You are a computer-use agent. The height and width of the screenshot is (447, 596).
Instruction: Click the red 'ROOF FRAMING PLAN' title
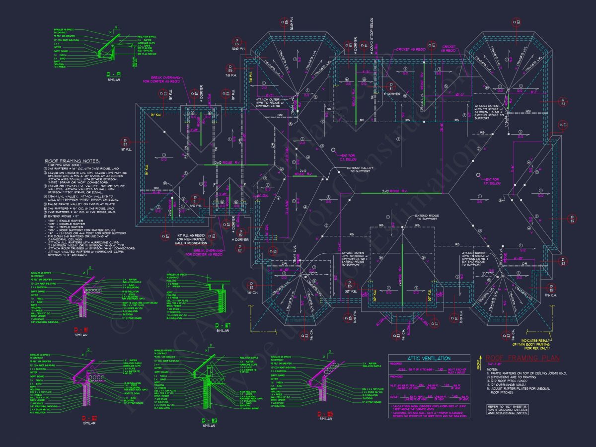[x=522, y=358]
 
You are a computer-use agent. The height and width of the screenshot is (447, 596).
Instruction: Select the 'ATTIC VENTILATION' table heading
[x=429, y=358]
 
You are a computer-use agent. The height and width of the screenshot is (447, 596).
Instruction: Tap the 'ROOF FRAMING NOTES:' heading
[x=72, y=161]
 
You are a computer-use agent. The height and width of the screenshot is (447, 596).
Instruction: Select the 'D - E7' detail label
[x=222, y=326]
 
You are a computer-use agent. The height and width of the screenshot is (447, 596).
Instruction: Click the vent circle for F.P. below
[x=478, y=175]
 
